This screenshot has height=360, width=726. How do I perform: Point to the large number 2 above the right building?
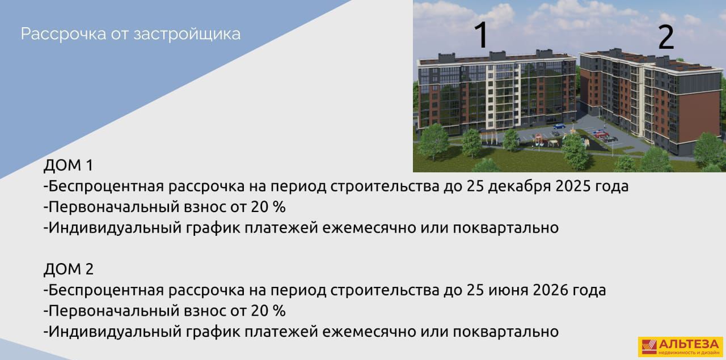coord(666,37)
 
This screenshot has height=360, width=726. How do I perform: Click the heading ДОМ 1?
coord(69,165)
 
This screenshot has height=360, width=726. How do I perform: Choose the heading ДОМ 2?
coord(69,269)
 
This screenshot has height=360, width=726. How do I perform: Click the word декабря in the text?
coord(519,187)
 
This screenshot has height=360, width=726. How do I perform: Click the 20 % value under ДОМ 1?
coord(268,207)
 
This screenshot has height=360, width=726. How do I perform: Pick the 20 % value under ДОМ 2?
coord(268,311)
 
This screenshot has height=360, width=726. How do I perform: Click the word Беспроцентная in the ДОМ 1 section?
coord(106,187)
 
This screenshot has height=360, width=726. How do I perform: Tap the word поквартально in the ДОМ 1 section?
coord(505,228)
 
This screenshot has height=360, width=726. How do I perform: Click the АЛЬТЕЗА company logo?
coord(681,347)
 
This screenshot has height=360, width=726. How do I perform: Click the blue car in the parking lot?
coord(559,126)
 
